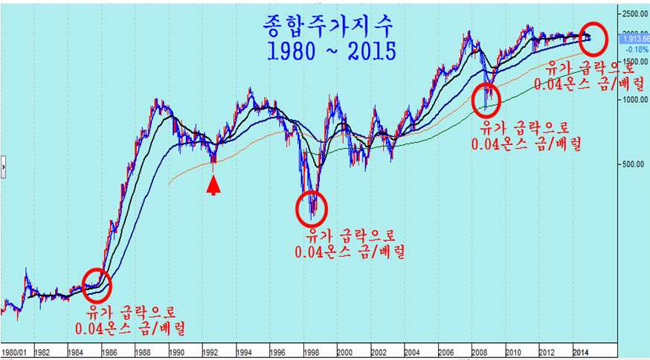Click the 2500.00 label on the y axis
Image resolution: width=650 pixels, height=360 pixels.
(634, 13)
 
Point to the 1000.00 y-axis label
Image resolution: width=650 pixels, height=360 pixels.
(634, 100)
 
